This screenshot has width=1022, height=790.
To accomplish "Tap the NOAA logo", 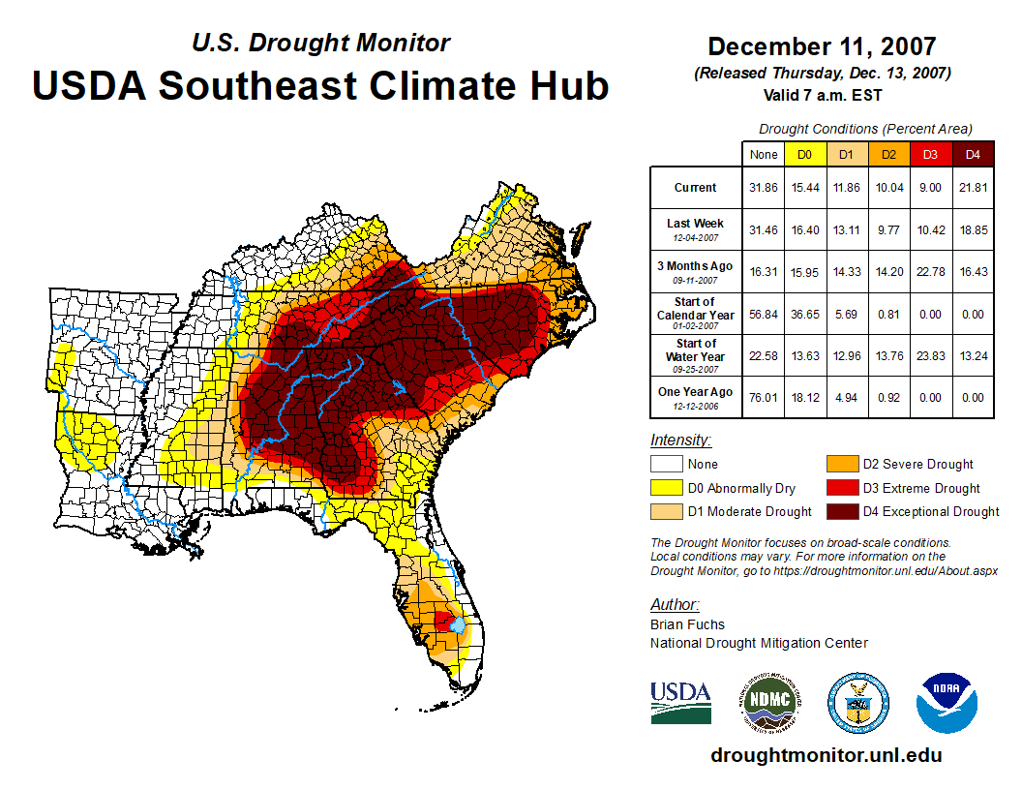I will (x=947, y=702).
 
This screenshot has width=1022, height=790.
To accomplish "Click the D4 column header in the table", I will (x=973, y=155).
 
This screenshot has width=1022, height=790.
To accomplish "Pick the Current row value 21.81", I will (x=973, y=188).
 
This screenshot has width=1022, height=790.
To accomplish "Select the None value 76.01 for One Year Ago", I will (x=764, y=397).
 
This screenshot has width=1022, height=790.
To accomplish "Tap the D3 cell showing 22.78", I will (x=930, y=272).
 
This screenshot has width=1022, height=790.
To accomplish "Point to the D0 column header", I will (x=804, y=155).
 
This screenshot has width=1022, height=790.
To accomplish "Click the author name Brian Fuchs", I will (x=687, y=624).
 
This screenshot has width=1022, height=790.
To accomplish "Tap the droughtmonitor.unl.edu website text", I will (x=826, y=755).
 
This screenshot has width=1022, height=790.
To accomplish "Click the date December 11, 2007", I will (x=822, y=46).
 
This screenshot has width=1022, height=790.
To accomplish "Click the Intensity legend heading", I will (x=680, y=440).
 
